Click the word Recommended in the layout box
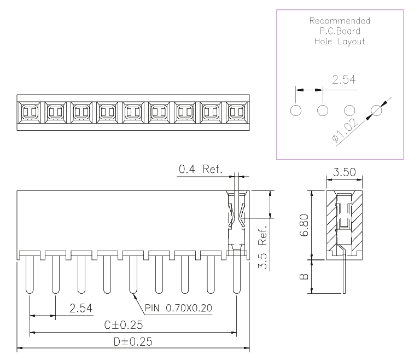click(340, 21)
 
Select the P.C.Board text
click(340, 31)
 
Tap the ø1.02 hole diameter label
click(345, 130)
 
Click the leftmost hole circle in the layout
click(296, 110)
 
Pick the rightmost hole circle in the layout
click(376, 110)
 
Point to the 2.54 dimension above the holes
click(344, 80)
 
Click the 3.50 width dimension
click(345, 172)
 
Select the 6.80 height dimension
click(304, 225)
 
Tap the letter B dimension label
click(304, 277)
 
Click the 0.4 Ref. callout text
click(201, 169)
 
